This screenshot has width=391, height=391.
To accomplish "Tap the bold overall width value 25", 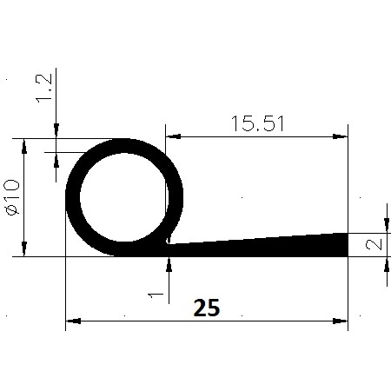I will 206,308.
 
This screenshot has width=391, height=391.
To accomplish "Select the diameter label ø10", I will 13,198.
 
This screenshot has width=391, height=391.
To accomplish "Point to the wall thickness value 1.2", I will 45,89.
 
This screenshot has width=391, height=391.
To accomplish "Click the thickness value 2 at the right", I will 373,245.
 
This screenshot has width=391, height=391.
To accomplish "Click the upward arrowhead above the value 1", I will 168,264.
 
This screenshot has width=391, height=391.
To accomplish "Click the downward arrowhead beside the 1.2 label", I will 56,131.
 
